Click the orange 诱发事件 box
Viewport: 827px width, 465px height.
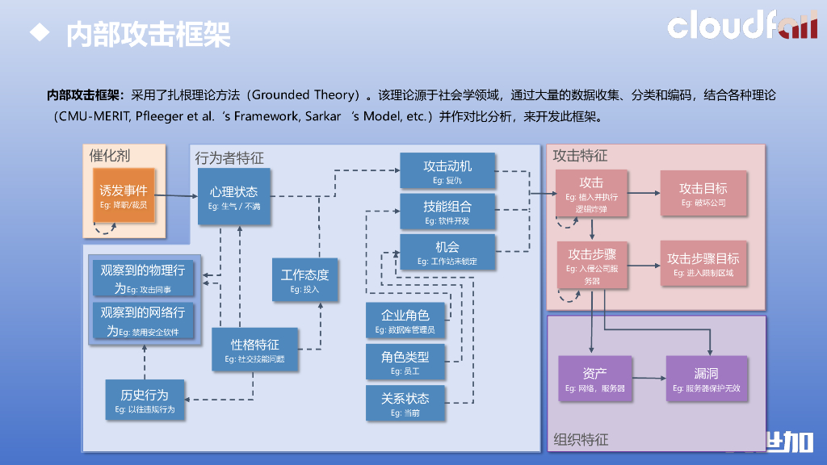(124, 196)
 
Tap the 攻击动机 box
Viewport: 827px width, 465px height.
(447, 171)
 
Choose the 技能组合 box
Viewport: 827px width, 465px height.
(447, 211)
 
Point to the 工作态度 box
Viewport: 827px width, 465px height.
(304, 280)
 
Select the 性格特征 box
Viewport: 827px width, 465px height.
(255, 350)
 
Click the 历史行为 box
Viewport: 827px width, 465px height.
(145, 400)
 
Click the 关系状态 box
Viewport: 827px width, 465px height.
(405, 403)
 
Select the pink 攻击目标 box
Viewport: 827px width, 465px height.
(703, 194)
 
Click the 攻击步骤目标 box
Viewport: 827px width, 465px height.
(703, 263)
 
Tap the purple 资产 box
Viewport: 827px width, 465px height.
(594, 379)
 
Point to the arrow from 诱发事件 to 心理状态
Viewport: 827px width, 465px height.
(176, 195)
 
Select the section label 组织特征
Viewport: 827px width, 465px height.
(581, 440)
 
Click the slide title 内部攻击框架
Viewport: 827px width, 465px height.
(148, 34)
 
